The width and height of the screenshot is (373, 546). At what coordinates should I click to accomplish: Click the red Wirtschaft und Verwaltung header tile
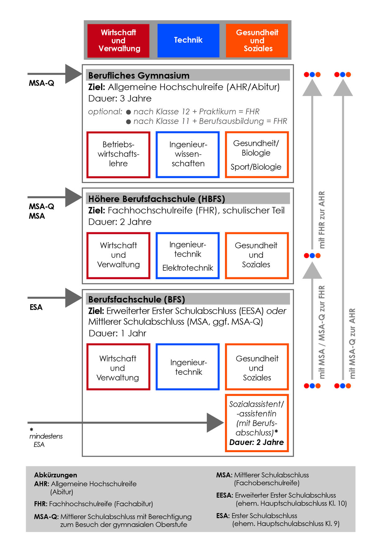click(x=118, y=41)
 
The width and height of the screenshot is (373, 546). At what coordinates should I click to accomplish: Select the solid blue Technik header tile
click(x=188, y=41)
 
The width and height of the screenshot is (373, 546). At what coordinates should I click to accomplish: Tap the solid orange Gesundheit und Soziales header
click(x=257, y=41)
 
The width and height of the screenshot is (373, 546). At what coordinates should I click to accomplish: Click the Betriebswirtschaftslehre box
click(x=118, y=154)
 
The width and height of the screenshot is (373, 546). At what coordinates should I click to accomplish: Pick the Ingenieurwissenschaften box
click(x=188, y=154)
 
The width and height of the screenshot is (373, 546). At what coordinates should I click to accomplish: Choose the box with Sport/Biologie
click(x=257, y=154)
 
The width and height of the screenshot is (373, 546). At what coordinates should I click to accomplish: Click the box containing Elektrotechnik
click(x=188, y=255)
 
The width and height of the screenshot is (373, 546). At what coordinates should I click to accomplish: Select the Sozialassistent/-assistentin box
click(x=257, y=423)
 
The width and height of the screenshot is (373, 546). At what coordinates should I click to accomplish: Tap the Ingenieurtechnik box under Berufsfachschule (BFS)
click(x=188, y=367)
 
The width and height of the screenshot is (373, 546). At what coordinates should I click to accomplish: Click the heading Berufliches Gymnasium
click(x=139, y=76)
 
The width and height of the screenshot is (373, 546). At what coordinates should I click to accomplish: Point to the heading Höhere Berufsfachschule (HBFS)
click(x=157, y=199)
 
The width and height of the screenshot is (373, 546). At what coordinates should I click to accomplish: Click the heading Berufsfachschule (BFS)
click(x=137, y=300)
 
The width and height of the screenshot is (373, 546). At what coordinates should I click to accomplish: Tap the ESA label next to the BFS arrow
click(x=36, y=307)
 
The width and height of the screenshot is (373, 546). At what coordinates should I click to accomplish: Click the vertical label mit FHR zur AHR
click(x=322, y=220)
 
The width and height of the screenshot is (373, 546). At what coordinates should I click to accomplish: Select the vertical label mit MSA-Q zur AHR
click(x=352, y=343)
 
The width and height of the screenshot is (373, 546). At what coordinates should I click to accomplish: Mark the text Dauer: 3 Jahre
click(x=120, y=99)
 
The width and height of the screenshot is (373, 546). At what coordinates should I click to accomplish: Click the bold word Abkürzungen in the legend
click(x=56, y=475)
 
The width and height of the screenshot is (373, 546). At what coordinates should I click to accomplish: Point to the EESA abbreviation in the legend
click(x=224, y=495)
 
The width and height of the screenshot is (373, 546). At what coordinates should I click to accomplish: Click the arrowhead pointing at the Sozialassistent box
click(x=215, y=423)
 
